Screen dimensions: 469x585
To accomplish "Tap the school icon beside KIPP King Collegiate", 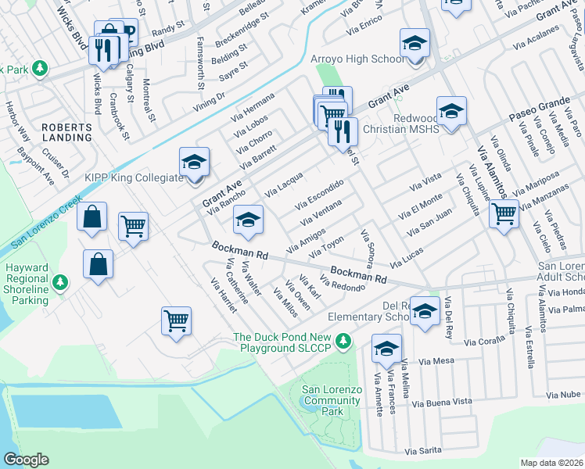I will [194, 162].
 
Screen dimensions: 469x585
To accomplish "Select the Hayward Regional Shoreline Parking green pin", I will [65, 282].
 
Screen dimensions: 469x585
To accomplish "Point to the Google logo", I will [26, 460].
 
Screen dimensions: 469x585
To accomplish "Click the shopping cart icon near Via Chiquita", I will [504, 212].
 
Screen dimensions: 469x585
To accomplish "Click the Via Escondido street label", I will [319, 194].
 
